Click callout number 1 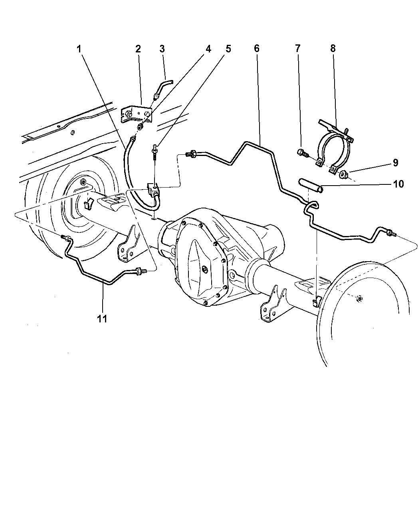coord(79,49)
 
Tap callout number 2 coord(138,49)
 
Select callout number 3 coord(162,49)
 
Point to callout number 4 coord(208,49)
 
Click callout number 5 coord(228,49)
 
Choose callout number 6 coord(257,49)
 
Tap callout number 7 coord(297,49)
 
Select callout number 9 coord(395,163)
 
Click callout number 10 coord(398,184)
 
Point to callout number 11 coord(102,318)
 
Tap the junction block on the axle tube coord(153,190)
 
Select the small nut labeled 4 coord(141,126)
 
